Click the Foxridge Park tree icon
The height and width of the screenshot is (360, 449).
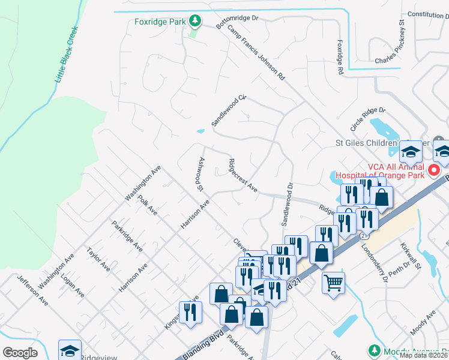pyautogui.click(x=194, y=22)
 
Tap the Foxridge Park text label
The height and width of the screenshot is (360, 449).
pyautogui.click(x=160, y=22)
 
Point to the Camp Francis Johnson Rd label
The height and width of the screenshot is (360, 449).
pyautogui.click(x=256, y=53)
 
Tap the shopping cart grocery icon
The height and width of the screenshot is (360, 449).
pyautogui.click(x=333, y=281)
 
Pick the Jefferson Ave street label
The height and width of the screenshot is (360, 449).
pyautogui.click(x=32, y=290)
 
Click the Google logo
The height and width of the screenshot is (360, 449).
pyautogui.click(x=20, y=353)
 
